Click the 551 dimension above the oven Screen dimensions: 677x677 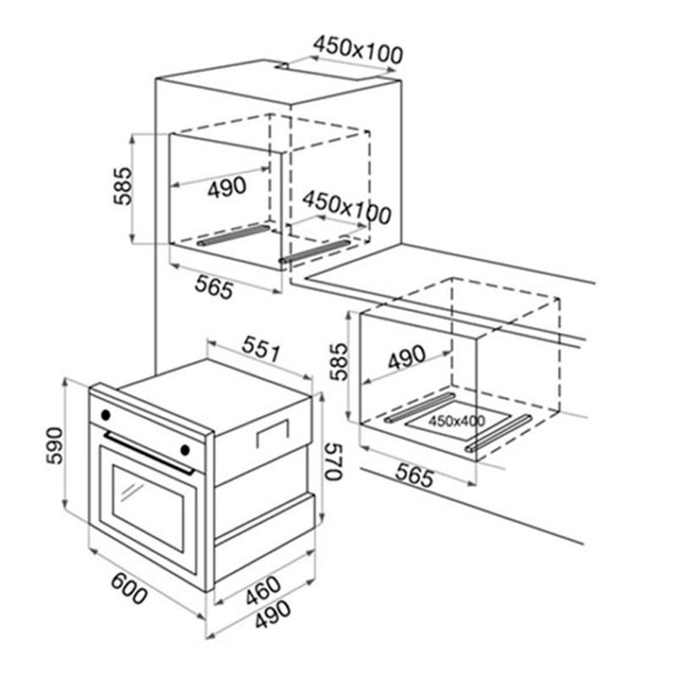(261, 349)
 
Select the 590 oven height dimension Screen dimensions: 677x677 (55, 445)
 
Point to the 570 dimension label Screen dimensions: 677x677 (333, 461)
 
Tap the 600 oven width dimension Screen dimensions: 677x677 (129, 589)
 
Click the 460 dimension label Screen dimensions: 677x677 (263, 590)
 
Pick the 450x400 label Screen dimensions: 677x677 (457, 421)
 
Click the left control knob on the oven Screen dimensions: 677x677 (105, 416)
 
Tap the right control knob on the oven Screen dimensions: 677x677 (184, 450)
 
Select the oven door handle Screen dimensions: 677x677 (149, 454)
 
